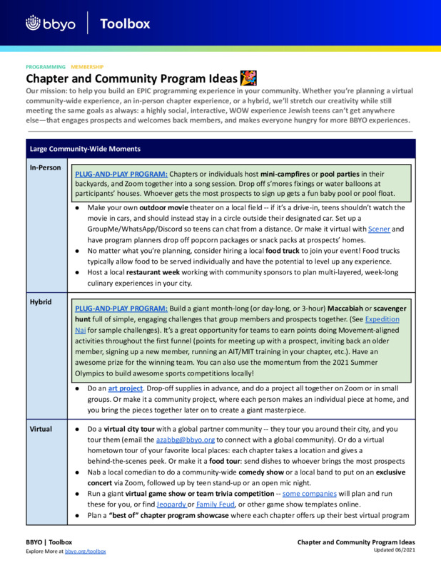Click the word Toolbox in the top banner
[125, 24]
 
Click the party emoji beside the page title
[248, 78]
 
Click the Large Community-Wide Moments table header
[85, 149]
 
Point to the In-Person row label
[44, 167]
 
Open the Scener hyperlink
[378, 229]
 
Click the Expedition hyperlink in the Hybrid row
[382, 320]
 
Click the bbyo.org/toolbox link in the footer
[85, 551]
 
